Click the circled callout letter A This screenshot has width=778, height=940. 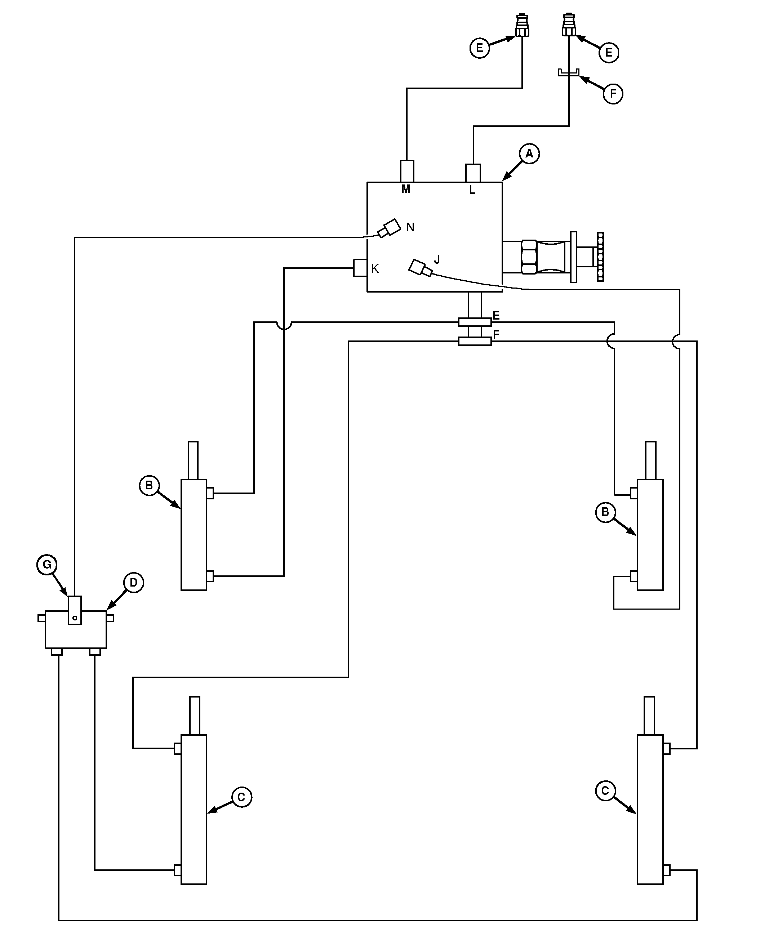pyautogui.click(x=529, y=154)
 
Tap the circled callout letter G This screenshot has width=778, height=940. pyautogui.click(x=47, y=565)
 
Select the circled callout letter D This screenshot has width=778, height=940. pyautogui.click(x=133, y=583)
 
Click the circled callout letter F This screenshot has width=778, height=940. pyautogui.click(x=613, y=94)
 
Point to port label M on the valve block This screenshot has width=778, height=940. pyautogui.click(x=405, y=190)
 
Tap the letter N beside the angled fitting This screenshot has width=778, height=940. pyautogui.click(x=410, y=227)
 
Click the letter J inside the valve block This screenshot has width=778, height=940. pyautogui.click(x=437, y=260)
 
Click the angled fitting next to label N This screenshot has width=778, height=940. pyautogui.click(x=388, y=228)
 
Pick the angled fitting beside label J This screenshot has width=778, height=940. pyautogui.click(x=420, y=268)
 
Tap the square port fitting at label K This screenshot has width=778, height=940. pyautogui.click(x=360, y=268)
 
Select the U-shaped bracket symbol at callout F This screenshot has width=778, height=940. pyautogui.click(x=569, y=73)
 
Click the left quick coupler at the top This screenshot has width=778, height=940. pyautogui.click(x=522, y=26)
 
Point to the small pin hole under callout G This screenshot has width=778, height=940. pyautogui.click(x=75, y=618)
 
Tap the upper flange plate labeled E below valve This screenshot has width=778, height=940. pyautogui.click(x=475, y=322)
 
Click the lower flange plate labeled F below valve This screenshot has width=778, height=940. pyautogui.click(x=475, y=342)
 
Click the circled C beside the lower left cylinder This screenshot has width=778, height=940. pyautogui.click(x=242, y=797)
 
